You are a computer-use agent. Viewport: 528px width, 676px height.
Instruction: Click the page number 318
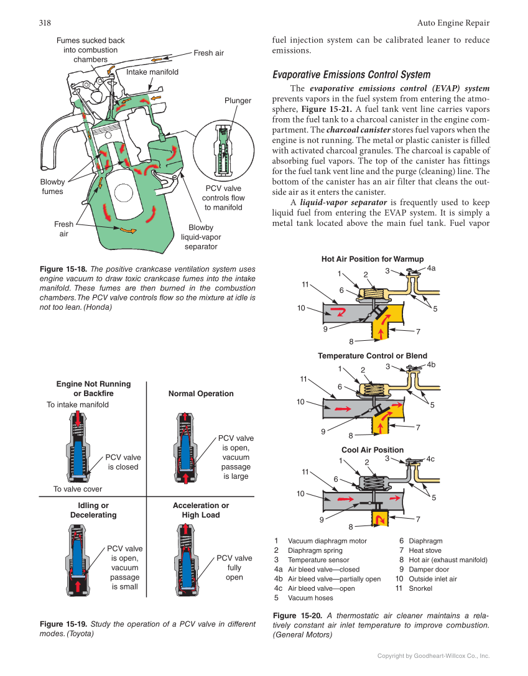45,23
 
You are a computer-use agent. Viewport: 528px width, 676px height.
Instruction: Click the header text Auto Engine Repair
453,23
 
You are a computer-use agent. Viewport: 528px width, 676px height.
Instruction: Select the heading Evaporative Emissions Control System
351,75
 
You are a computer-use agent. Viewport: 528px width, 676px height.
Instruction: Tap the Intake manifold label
152,72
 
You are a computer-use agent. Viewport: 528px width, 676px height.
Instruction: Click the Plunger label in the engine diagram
238,100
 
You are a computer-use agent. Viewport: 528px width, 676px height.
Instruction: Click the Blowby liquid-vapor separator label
201,237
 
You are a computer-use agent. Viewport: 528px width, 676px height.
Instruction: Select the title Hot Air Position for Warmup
372,259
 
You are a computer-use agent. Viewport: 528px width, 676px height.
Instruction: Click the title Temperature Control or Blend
372,356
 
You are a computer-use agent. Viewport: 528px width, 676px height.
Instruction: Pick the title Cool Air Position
372,450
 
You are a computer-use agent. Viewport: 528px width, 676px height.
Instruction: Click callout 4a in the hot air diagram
432,268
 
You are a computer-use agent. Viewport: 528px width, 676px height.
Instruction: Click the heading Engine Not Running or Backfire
93,389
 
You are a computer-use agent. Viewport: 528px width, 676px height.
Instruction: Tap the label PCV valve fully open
234,567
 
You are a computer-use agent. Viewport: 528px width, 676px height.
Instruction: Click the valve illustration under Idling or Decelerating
77,560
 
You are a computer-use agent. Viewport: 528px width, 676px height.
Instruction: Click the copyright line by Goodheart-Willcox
433,656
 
